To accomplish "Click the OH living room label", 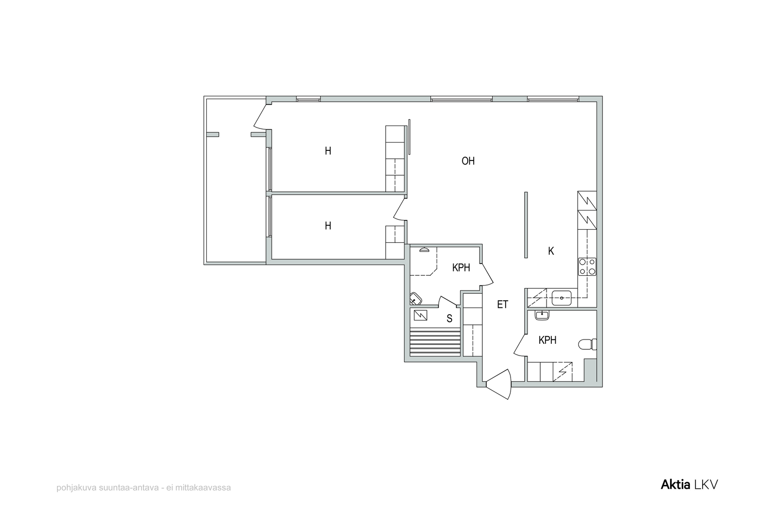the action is click(468, 161).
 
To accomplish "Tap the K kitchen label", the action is click(551, 251).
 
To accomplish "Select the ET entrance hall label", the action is click(503, 304).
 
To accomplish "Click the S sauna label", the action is click(449, 319).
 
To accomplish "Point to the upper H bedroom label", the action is click(328, 151).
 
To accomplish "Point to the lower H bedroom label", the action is click(328, 226).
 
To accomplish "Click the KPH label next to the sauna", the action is click(461, 268).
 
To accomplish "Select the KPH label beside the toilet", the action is click(548, 340).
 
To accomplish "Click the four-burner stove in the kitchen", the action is click(587, 267).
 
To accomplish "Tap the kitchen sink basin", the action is click(562, 298).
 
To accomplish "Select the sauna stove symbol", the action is click(420, 315).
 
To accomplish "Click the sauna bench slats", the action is click(435, 343).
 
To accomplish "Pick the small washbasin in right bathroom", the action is click(542, 315).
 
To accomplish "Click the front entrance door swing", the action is click(499, 384).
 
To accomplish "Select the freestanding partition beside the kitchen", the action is click(526, 225).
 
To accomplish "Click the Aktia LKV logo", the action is click(689, 484).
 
